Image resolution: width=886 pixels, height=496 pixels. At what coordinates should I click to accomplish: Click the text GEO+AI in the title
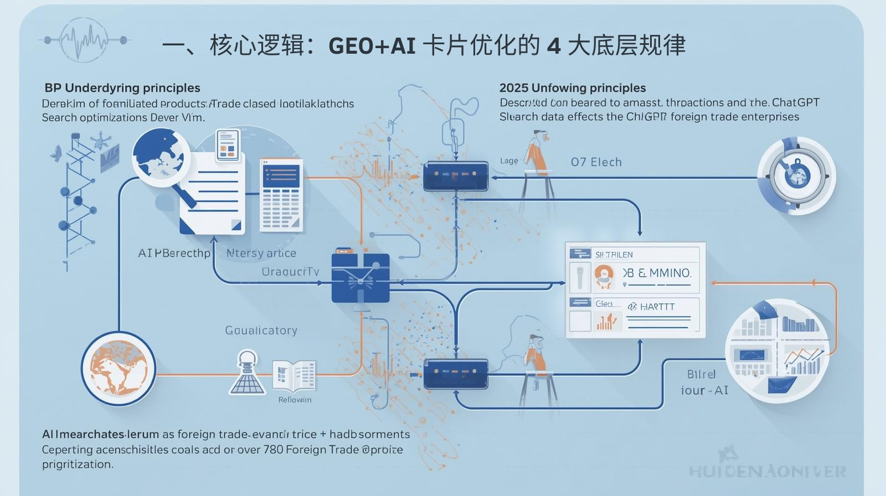pyautogui.click(x=372, y=45)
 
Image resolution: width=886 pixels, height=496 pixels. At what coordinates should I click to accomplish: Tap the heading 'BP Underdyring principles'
pyautogui.click(x=122, y=87)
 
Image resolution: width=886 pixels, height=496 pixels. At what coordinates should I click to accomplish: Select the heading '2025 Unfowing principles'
pyautogui.click(x=573, y=87)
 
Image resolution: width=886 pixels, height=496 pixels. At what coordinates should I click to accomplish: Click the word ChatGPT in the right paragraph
pyautogui.click(x=795, y=102)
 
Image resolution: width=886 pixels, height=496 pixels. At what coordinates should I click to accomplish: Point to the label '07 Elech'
pyautogui.click(x=596, y=162)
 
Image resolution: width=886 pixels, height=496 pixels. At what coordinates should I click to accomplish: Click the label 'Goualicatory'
pyautogui.click(x=261, y=330)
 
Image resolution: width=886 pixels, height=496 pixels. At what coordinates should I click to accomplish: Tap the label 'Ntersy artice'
pyautogui.click(x=261, y=253)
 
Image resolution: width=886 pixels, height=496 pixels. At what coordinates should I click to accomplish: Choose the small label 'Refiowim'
pyautogui.click(x=295, y=400)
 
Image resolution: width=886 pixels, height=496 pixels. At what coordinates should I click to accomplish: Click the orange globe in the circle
pyautogui.click(x=118, y=368)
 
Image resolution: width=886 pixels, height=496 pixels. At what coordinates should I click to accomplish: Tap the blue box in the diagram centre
pyautogui.click(x=360, y=278)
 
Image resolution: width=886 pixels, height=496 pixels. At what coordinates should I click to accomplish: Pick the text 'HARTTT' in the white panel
pyautogui.click(x=657, y=307)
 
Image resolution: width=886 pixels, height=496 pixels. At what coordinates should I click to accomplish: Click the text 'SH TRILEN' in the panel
pyautogui.click(x=614, y=255)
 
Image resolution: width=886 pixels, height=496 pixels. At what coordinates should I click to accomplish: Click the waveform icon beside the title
pyautogui.click(x=85, y=39)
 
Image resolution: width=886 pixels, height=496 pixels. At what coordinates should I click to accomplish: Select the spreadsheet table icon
pyautogui.click(x=281, y=194)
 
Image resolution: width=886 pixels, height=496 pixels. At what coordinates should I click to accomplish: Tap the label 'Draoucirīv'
pyautogui.click(x=290, y=272)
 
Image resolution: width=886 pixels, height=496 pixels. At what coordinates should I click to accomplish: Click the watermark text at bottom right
pyautogui.click(x=767, y=472)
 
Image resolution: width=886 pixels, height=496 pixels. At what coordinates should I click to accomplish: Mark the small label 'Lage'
pyautogui.click(x=509, y=161)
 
